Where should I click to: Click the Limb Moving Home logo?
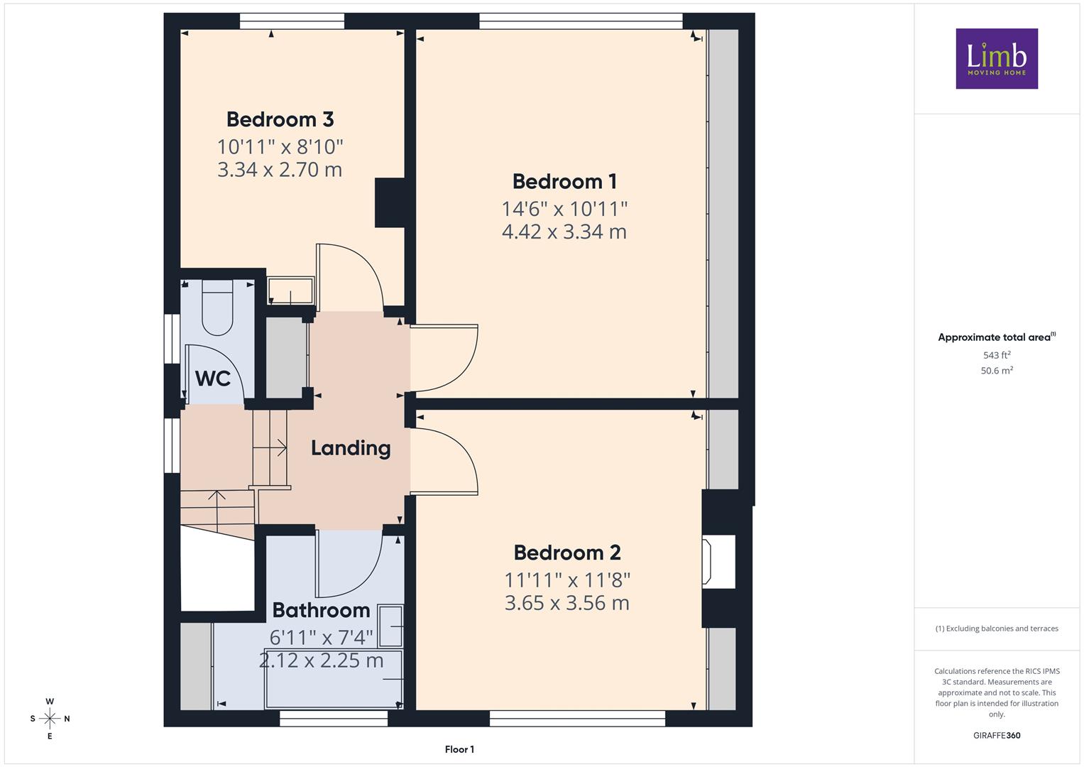coord(997,58)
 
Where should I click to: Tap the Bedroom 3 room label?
coord(280,119)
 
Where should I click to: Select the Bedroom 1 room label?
coord(565,182)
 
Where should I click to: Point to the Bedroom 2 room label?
coord(567,553)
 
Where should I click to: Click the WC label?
coord(213,379)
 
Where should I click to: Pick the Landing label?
coord(351,448)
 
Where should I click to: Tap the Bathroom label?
coord(322,610)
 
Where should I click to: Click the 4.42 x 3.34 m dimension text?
coord(564,232)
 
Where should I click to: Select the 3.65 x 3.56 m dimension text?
coord(567,604)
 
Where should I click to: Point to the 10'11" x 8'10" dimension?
coord(280,147)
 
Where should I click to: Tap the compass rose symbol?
coord(50,719)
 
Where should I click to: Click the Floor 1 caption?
coord(459,749)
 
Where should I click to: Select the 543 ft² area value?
coord(997,355)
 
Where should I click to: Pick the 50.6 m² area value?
coord(997,371)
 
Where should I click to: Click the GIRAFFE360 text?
coord(997,736)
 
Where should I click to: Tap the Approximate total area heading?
coord(997,337)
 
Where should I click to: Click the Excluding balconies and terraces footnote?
coord(997,629)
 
